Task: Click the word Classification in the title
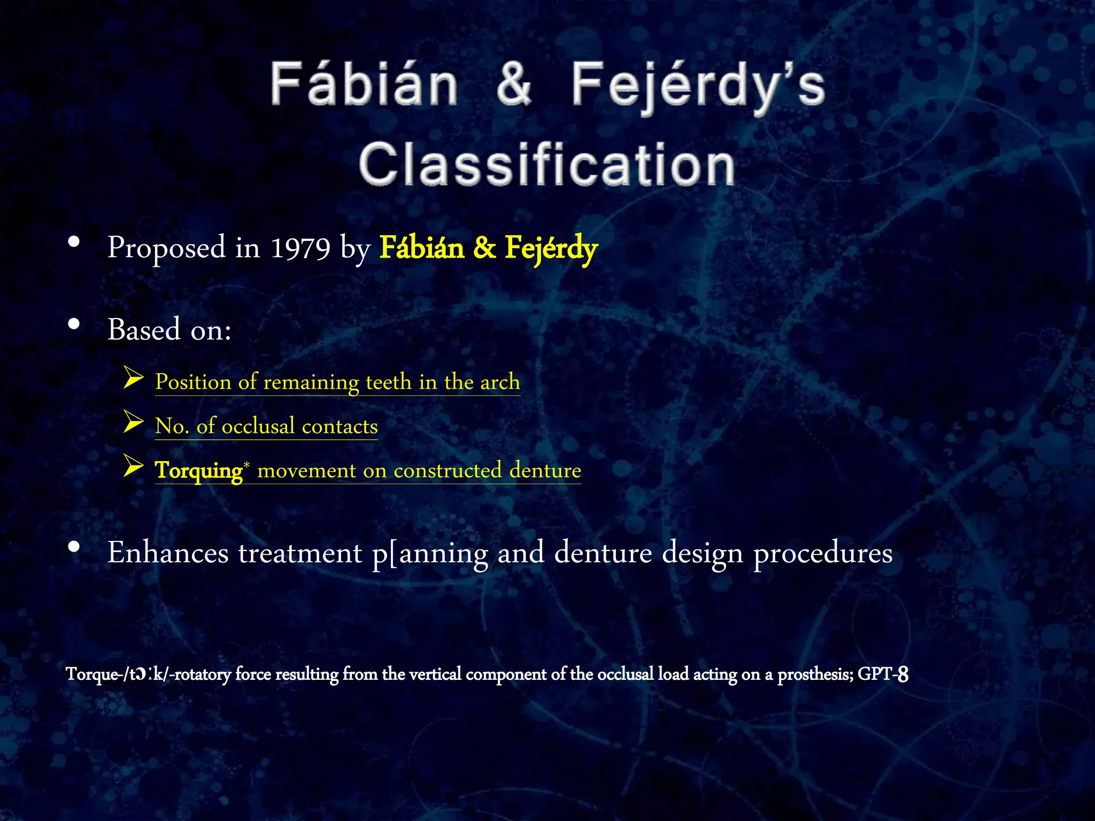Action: tap(546, 164)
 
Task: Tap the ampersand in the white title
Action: tap(513, 84)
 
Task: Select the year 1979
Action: tap(300, 248)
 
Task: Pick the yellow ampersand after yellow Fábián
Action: tap(484, 248)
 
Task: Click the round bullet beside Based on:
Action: tap(74, 324)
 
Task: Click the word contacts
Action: tap(340, 427)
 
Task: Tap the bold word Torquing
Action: tap(198, 471)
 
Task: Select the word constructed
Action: tap(448, 470)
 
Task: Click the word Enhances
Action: tap(168, 553)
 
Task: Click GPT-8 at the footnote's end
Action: tap(883, 675)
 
